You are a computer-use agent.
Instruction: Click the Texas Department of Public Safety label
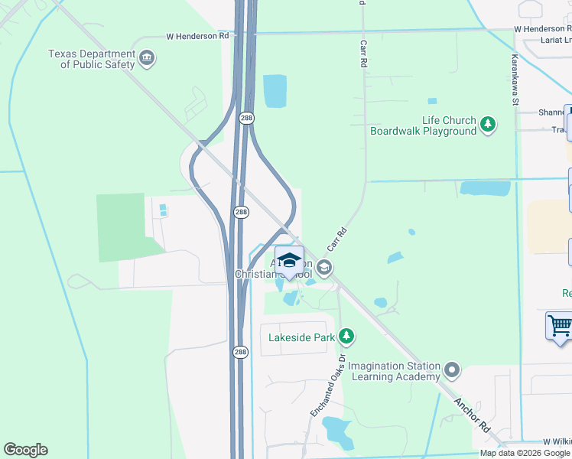(x=91, y=59)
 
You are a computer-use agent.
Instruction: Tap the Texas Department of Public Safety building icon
(x=147, y=57)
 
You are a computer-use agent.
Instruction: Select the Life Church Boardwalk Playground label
(x=423, y=125)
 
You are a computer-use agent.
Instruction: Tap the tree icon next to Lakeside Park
(x=347, y=335)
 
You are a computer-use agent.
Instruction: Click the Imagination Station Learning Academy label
(x=395, y=370)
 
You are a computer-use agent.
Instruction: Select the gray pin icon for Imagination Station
(x=452, y=371)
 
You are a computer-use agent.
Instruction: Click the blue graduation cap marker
(x=288, y=260)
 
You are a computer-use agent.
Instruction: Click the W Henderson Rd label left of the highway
(x=198, y=36)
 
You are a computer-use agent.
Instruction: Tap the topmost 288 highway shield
(x=245, y=118)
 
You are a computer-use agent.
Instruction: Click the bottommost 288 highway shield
(x=239, y=352)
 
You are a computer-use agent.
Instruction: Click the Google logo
(x=25, y=450)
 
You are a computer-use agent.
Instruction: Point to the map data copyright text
(x=525, y=453)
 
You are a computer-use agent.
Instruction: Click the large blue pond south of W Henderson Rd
(x=275, y=91)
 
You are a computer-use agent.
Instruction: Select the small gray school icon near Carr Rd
(x=324, y=267)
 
